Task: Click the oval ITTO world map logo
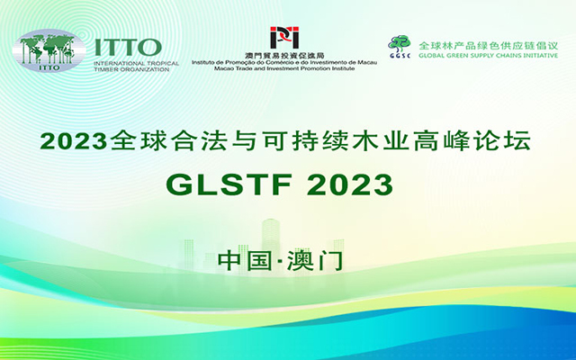49,50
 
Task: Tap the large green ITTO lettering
128,48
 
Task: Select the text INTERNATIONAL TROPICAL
136,63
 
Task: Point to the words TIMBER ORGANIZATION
131,69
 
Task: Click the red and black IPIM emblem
284,38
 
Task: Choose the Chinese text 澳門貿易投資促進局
284,56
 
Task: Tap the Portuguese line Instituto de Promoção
284,63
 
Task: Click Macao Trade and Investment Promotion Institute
284,68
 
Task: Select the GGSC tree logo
400,46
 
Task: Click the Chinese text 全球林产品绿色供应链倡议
488,46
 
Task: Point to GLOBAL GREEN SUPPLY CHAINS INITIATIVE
488,56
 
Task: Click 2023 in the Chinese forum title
74,141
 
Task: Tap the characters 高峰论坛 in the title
472,140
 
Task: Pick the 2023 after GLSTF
350,184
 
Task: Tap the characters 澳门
315,261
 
